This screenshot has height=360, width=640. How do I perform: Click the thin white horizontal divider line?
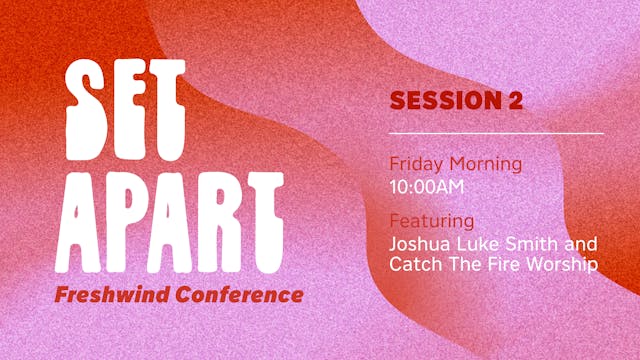click(x=496, y=133)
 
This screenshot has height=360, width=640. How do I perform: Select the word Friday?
click(x=415, y=163)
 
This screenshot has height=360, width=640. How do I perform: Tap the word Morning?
click(x=487, y=163)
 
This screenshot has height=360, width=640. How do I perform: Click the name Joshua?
click(x=419, y=243)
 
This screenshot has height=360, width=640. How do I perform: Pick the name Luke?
click(x=478, y=243)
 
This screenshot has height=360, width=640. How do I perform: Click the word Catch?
click(x=413, y=266)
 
